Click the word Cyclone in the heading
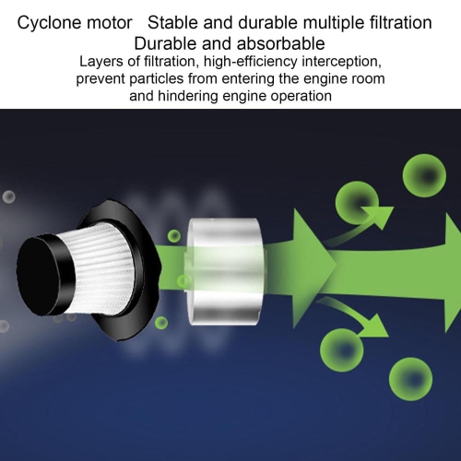[x=45, y=23]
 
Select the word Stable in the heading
[x=172, y=22]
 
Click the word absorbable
[x=280, y=43]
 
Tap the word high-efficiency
[x=251, y=62]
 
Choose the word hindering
[x=189, y=96]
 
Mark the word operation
[x=301, y=97]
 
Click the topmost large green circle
[x=424, y=176]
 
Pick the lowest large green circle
[x=410, y=379]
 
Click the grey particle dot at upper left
[x=9, y=196]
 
